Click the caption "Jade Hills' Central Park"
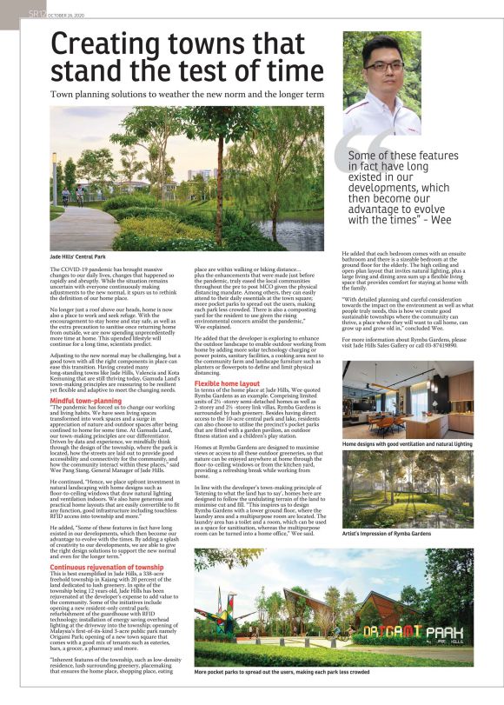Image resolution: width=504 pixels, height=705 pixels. point(75,258)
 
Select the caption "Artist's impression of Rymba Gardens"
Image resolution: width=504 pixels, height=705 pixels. point(383,532)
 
